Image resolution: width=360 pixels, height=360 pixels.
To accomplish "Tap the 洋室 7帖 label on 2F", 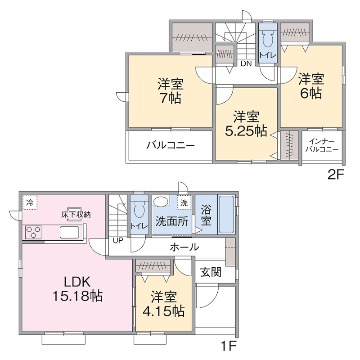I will click(x=170, y=91).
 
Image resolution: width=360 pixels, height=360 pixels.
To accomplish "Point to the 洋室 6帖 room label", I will click(x=311, y=86).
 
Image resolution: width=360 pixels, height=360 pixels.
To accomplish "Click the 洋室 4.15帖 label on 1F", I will click(x=166, y=304).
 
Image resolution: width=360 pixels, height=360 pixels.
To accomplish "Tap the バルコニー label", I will click(x=170, y=146).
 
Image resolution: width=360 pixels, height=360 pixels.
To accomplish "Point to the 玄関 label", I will click(x=211, y=272).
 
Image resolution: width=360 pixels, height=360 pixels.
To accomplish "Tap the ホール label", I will click(x=184, y=247).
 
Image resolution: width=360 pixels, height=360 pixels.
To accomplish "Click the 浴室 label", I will click(x=206, y=216).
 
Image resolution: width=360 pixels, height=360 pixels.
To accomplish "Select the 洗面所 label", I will click(x=172, y=221).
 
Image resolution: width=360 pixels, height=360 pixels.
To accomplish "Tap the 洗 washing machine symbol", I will click(x=184, y=202).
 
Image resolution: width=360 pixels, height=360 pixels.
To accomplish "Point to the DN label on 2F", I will click(x=245, y=63).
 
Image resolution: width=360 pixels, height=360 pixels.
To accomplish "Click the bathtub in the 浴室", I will click(x=226, y=215).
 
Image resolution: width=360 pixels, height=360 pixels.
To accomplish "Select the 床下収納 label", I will click(x=76, y=215).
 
